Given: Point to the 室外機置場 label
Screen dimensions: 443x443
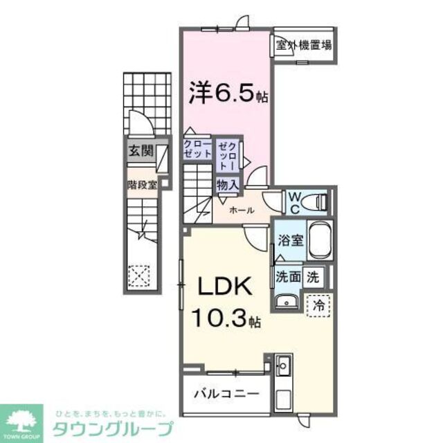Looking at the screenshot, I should tap(303, 46).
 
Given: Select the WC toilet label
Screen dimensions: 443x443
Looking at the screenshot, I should tap(293, 201).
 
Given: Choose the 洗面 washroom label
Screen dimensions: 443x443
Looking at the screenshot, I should tap(287, 276).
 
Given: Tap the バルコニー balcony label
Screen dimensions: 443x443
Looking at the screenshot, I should tap(226, 393).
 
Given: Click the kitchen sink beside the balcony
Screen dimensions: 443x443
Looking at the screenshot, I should tap(283, 363).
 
